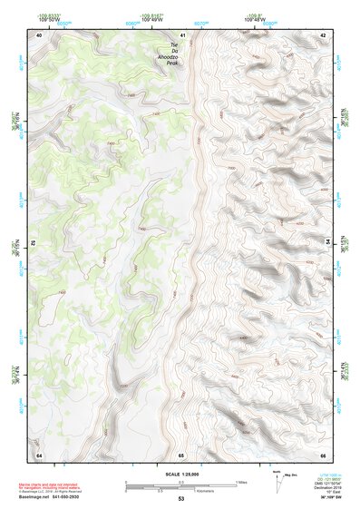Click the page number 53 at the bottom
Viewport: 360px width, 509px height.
tap(180, 499)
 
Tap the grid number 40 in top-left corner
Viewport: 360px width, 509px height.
tap(38, 35)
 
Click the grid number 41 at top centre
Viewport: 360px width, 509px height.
tap(182, 35)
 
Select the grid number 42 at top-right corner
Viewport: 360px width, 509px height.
tap(324, 35)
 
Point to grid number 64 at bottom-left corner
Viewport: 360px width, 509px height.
tap(38, 455)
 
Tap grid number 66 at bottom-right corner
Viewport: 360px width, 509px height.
tap(324, 455)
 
